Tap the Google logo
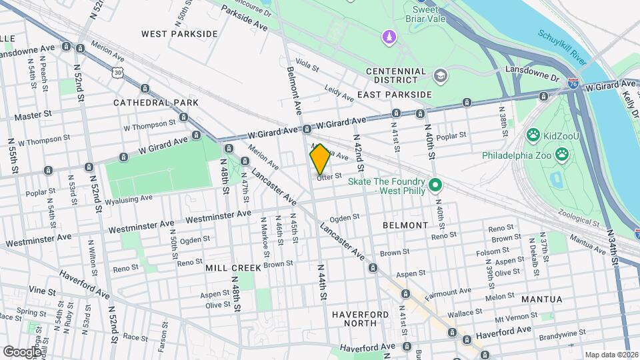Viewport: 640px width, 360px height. pos(22,351)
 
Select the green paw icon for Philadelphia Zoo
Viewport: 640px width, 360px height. pos(563,154)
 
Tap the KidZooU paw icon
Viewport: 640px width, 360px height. pos(533,137)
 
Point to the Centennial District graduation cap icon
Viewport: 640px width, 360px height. pos(440,76)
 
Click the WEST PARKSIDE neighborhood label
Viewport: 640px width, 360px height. pos(179,33)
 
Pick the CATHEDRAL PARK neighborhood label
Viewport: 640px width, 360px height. pos(156,103)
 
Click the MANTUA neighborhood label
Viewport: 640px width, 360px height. pos(542,299)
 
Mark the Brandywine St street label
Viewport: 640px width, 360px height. pos(563,331)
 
